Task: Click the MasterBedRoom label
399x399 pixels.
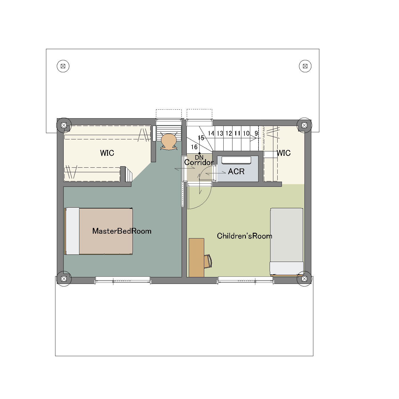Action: point(122,231)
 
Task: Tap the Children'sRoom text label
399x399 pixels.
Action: point(244,236)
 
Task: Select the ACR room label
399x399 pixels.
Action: point(236,171)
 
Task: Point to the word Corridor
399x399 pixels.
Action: point(199,162)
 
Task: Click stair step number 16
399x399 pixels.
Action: point(194,147)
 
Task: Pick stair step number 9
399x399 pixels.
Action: point(256,133)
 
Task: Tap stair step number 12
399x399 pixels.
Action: point(228,133)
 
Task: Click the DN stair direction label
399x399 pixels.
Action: point(199,158)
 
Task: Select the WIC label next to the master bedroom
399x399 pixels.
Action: point(107,153)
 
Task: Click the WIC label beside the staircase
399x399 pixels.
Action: point(284,153)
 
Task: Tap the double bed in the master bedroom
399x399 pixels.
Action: point(99,231)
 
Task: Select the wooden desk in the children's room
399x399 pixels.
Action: point(197,258)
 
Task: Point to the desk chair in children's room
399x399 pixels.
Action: point(208,261)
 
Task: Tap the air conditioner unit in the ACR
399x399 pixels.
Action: point(236,160)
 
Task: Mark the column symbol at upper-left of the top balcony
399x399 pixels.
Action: point(63,66)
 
